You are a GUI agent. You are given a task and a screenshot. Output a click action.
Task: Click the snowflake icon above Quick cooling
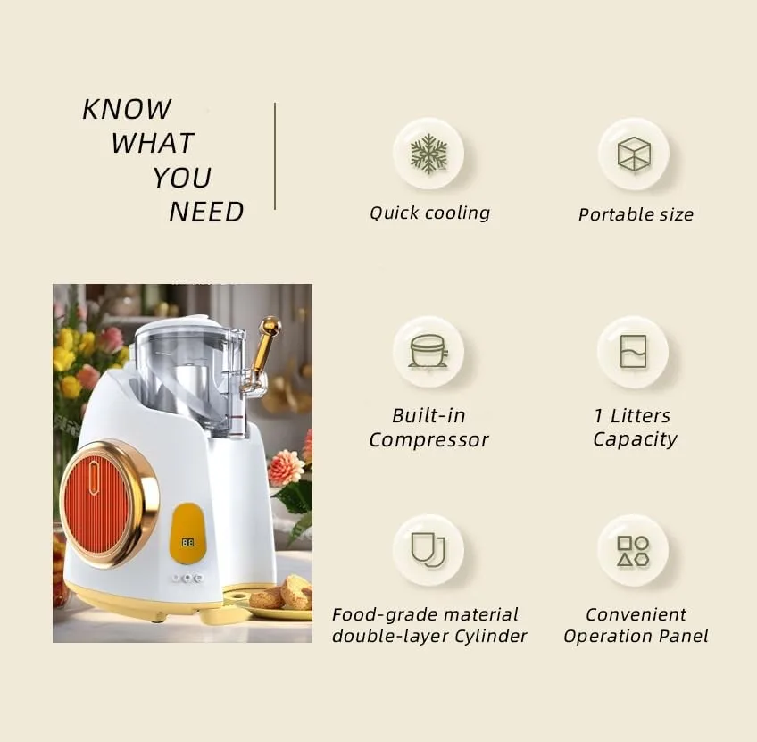coord(428,154)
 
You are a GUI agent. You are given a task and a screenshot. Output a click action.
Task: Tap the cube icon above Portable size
coord(634,154)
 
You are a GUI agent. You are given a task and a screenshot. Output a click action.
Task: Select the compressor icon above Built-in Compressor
coord(428,351)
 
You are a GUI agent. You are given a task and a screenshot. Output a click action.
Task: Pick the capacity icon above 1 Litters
coord(633,351)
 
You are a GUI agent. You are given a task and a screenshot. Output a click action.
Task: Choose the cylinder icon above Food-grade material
coord(428,549)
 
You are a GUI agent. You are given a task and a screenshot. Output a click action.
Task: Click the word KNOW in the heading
coord(127,109)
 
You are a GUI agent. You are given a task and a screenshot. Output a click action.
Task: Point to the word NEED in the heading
coord(206,213)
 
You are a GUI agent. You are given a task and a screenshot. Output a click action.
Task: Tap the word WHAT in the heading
coord(153,143)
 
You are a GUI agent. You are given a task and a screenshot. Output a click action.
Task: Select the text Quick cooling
coord(429,213)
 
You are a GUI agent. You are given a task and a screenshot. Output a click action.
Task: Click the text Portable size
coord(636,214)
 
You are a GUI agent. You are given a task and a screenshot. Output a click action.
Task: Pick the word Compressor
coord(428,440)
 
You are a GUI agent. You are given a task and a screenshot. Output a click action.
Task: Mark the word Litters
coord(639,415)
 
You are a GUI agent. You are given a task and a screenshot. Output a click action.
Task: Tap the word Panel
coord(685,637)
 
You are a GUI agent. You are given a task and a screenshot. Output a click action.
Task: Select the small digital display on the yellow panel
coord(187,542)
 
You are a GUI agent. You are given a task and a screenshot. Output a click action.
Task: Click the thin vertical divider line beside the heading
coord(275,156)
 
